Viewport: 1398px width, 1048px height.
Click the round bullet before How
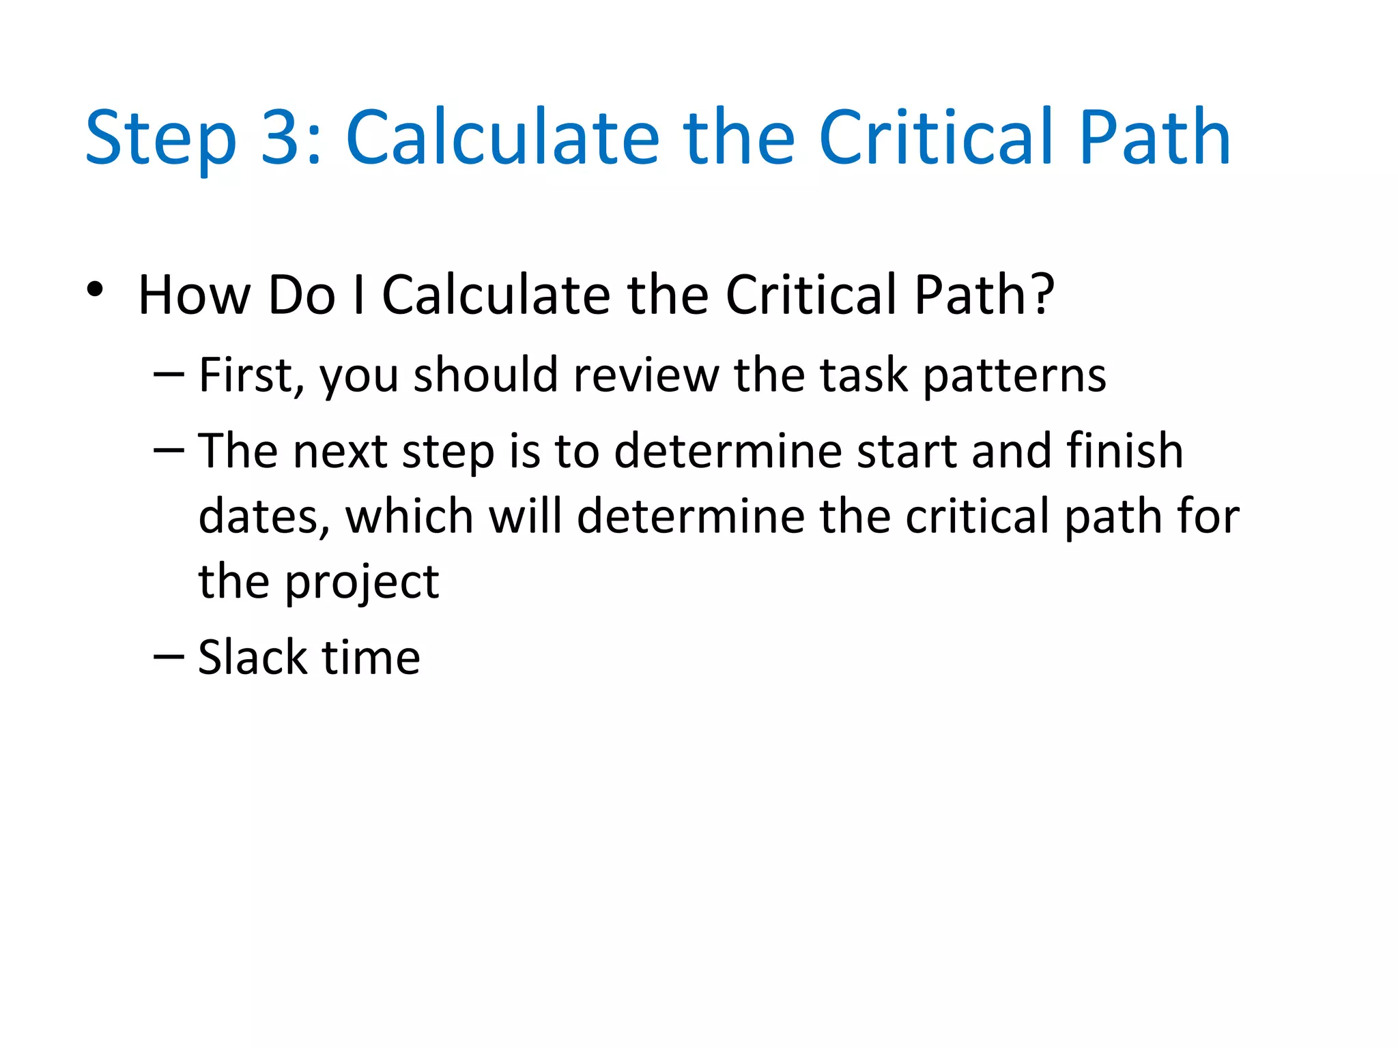tap(95, 290)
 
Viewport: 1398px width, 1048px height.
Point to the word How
tap(194, 295)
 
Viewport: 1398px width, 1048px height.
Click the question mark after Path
tap(1040, 295)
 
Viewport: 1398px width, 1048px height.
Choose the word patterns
tap(1014, 375)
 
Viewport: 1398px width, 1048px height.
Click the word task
tap(864, 375)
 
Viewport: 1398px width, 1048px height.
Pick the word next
tap(340, 451)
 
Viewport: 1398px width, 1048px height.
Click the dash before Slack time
tap(169, 656)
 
